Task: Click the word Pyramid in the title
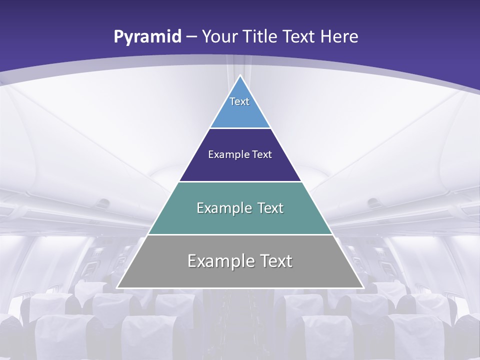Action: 147,37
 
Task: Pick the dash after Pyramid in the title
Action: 191,37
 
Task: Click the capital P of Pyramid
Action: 118,36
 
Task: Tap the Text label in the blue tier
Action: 239,101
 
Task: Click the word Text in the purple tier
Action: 262,154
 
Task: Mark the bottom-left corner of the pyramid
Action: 117,287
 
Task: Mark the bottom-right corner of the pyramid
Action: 363,287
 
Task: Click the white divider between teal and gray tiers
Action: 240,234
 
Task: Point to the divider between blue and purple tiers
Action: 240,128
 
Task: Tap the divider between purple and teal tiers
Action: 240,181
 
